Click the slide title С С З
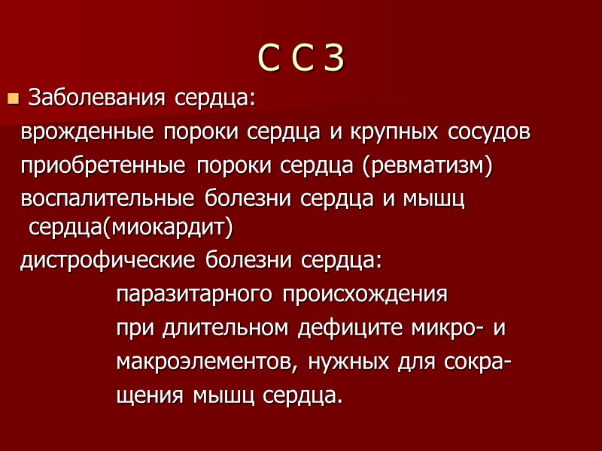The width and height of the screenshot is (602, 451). (301, 59)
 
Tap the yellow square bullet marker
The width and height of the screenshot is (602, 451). (12, 98)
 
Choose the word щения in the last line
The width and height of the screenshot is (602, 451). (150, 396)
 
